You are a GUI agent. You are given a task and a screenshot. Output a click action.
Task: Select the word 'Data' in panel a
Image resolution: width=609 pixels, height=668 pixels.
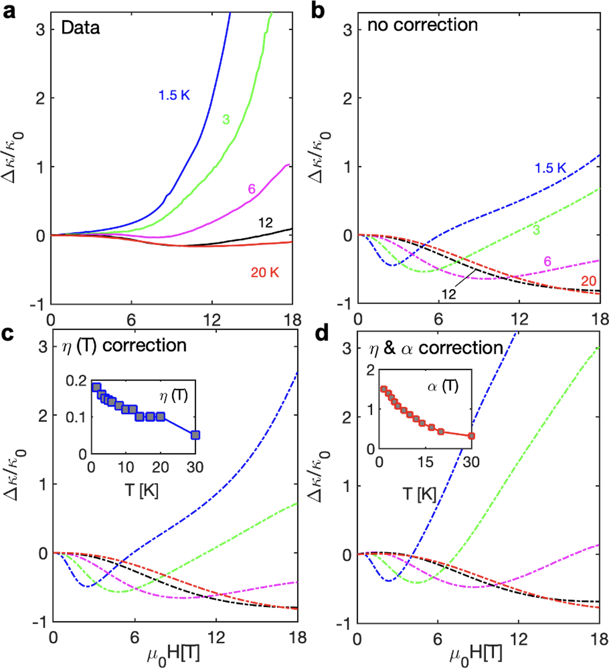80,28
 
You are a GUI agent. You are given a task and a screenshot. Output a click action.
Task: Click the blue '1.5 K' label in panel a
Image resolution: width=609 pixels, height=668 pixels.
174,95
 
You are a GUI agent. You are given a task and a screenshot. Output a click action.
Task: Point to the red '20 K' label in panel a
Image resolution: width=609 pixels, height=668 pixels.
265,272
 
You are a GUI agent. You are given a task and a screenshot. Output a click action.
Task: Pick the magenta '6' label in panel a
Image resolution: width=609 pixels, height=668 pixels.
252,189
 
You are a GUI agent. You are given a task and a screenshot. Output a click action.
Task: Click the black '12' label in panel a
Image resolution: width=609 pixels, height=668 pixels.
265,223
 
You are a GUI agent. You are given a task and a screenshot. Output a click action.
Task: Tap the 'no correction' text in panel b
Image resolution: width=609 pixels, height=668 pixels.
422,25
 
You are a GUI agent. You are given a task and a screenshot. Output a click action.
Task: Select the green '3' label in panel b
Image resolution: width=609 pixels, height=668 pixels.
536,230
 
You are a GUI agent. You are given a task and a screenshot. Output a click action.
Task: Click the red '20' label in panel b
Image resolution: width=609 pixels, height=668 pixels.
589,281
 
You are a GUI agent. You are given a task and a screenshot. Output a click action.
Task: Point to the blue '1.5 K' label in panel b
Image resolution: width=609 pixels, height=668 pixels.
550,168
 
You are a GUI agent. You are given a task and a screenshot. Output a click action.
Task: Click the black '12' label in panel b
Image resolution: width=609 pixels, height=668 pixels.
449,294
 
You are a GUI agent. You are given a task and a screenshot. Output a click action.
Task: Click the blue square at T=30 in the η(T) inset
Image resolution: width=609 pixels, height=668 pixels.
195,435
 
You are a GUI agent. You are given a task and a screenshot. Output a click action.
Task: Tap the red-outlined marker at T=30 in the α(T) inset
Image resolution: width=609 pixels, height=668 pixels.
472,436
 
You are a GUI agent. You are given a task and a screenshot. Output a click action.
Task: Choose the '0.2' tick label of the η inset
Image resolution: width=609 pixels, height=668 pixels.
76,381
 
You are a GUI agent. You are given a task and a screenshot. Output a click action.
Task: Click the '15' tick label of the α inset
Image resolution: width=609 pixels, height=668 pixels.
425,462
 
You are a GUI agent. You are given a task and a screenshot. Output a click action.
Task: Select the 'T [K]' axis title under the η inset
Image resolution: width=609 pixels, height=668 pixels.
142,490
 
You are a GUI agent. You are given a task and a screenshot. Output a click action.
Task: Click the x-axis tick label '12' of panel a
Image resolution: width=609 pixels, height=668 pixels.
212,320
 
